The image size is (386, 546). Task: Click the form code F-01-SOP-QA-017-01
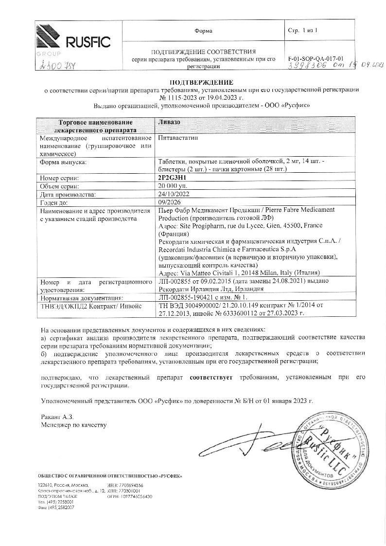click(x=316, y=56)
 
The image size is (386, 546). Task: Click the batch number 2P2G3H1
click(x=173, y=178)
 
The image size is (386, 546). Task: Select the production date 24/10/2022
click(x=174, y=194)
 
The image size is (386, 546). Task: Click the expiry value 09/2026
click(x=169, y=202)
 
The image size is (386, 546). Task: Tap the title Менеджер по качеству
click(x=73, y=425)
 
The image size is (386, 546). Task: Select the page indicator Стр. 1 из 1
click(x=302, y=31)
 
